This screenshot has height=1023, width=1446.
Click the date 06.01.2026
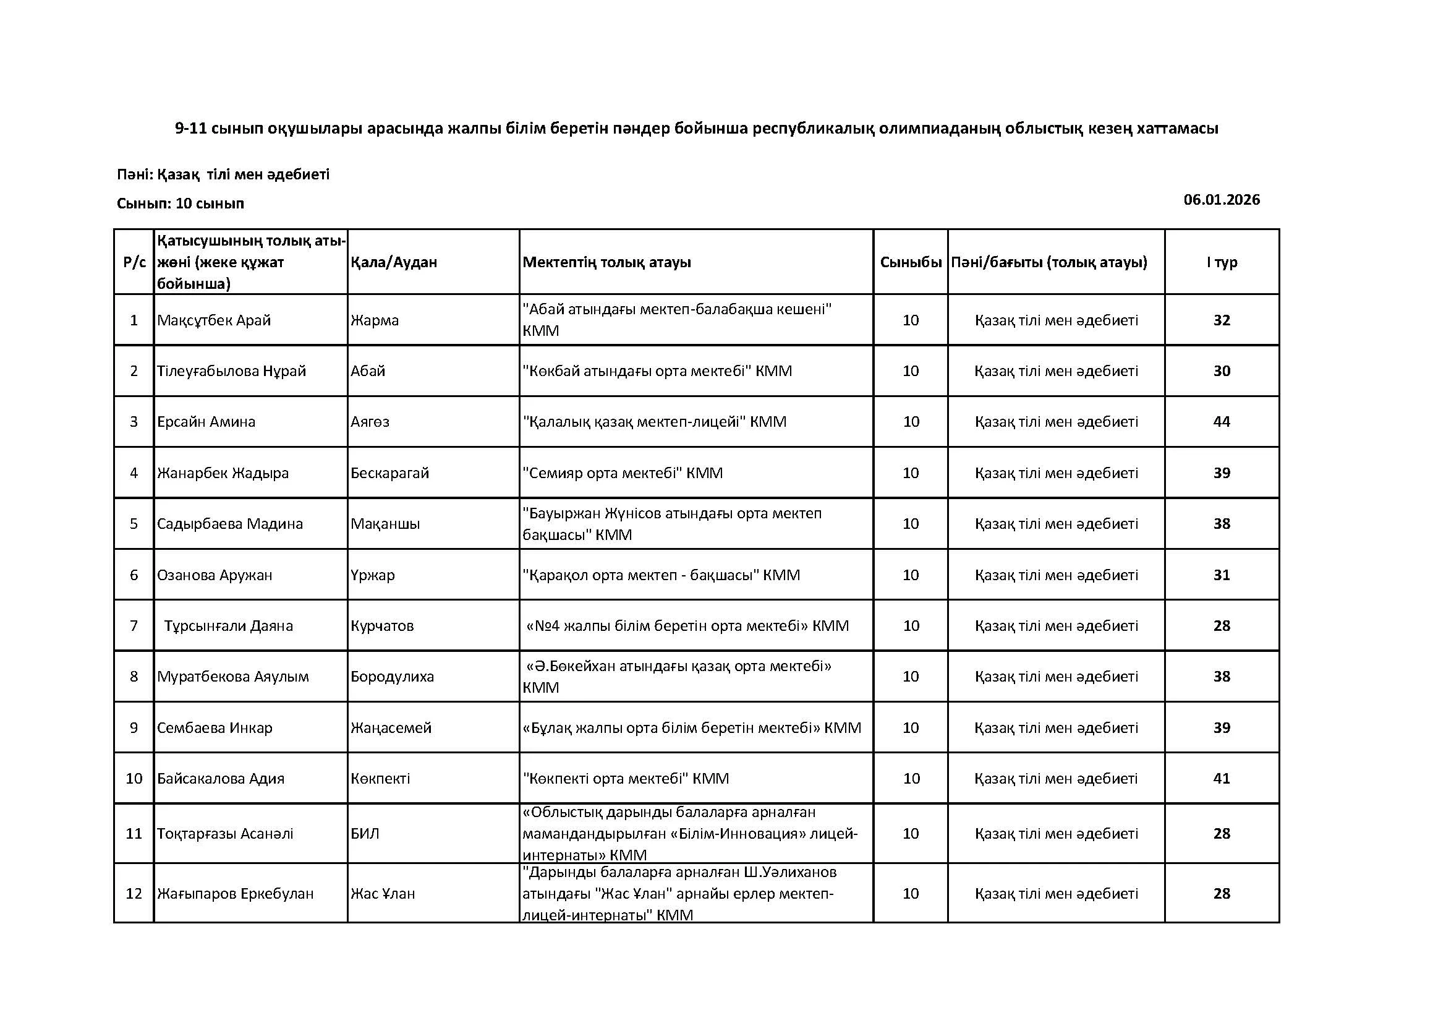coord(1221,200)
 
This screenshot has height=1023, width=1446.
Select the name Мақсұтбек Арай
coord(213,320)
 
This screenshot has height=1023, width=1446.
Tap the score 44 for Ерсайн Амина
coord(1221,421)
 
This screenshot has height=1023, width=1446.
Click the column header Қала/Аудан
coord(394,262)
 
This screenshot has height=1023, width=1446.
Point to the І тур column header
coord(1221,262)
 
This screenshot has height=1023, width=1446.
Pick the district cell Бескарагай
coord(389,473)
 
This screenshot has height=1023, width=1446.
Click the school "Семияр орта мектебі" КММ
coord(623,473)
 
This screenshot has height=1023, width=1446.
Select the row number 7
coord(134,625)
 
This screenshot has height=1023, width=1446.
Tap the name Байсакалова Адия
coord(221,778)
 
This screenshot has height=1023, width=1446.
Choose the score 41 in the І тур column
coord(1221,778)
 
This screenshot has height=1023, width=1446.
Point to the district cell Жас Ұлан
coord(382,893)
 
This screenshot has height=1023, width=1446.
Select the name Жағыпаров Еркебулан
coord(235,893)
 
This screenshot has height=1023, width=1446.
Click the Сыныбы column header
coord(910,262)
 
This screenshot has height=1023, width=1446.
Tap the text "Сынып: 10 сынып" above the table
coord(180,203)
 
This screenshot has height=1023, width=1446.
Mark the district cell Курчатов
coord(381,625)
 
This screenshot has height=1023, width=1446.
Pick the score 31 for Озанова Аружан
coord(1221,575)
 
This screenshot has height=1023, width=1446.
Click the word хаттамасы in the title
coord(1176,129)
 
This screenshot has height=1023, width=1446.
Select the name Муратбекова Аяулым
coord(232,677)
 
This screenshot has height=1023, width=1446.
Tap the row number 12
coord(134,893)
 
